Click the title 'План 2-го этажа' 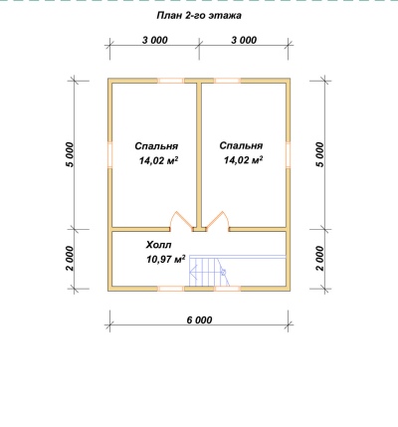click(199, 16)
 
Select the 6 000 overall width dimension click(199, 320)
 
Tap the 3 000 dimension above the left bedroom click(155, 40)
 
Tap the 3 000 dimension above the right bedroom click(244, 40)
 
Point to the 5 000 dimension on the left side click(70, 154)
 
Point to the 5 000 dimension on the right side click(319, 154)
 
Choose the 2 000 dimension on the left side click(70, 259)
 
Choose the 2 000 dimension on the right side click(319, 259)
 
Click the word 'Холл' click(158, 245)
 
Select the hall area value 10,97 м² click(165, 259)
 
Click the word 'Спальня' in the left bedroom click(156, 146)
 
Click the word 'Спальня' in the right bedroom click(241, 145)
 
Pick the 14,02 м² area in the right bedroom click(244, 160)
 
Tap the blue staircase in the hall click(237, 271)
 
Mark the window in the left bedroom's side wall click(110, 155)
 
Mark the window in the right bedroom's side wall click(288, 155)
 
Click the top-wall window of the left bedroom click(170, 81)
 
